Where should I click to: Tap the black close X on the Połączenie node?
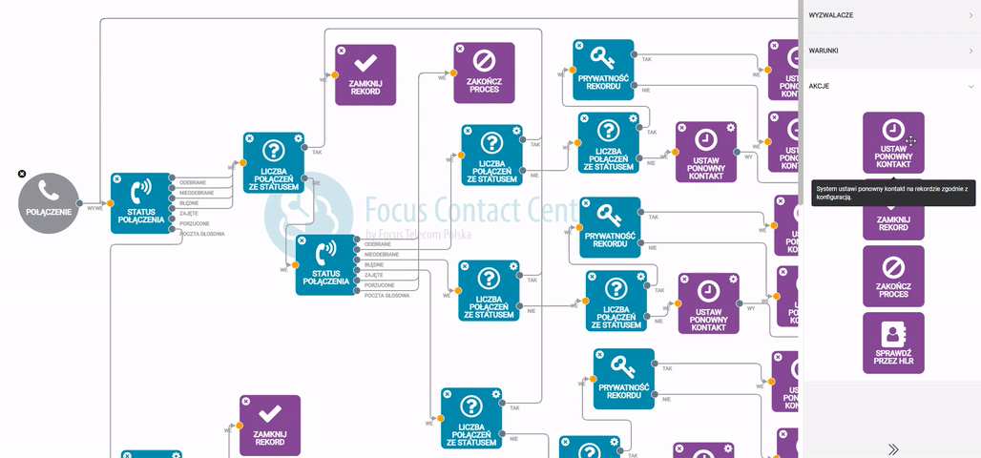click(x=21, y=174)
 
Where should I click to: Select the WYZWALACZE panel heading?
click(x=831, y=15)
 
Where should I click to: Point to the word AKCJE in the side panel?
click(x=819, y=86)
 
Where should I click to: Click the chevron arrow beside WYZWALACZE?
click(x=971, y=15)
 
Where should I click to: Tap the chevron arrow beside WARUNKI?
click(x=971, y=51)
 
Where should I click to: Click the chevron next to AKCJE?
click(x=971, y=86)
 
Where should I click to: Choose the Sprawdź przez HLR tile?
click(x=893, y=343)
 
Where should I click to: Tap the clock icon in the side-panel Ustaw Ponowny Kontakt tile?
click(x=892, y=130)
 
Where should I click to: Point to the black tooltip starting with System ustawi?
click(x=892, y=193)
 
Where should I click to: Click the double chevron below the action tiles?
click(x=893, y=449)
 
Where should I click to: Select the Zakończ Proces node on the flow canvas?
click(x=484, y=73)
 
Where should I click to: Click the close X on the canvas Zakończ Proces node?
click(x=460, y=49)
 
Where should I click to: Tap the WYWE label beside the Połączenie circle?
click(x=94, y=208)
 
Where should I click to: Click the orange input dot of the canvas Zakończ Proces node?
click(x=454, y=73)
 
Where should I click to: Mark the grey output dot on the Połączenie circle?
click(x=80, y=203)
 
